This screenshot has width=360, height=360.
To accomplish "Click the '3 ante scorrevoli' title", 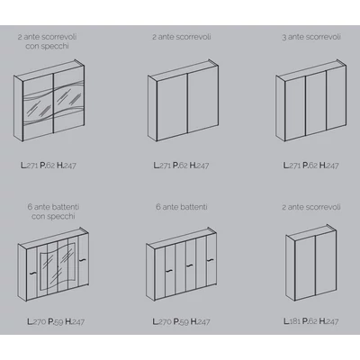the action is tap(311, 37).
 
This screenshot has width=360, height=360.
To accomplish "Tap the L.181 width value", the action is tap(292, 321).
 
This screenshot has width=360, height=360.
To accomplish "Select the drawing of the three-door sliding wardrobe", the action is tap(311, 101).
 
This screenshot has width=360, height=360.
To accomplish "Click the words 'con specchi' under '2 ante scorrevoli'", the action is tap(47, 47).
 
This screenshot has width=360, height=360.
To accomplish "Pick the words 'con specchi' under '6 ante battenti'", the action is tap(53, 216).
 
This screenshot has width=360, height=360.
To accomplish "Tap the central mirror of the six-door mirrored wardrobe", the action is tap(58, 266).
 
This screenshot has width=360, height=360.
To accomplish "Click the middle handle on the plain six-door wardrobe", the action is tap(189, 265).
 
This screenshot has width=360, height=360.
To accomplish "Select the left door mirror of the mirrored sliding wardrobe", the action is tap(38, 105).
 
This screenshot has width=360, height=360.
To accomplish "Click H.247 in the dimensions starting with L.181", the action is tap(328, 321).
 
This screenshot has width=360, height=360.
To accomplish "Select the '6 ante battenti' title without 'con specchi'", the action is tap(182, 207).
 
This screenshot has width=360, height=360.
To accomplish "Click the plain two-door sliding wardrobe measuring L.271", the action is tap(183, 101).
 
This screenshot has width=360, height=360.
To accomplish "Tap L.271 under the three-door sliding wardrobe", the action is tap(292, 166).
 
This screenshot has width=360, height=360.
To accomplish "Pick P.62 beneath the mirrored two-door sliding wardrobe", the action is tap(48, 166).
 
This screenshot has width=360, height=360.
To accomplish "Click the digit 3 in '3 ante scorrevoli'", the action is tap(284, 37).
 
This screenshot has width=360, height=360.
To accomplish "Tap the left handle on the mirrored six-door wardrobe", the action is tap(31, 273).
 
